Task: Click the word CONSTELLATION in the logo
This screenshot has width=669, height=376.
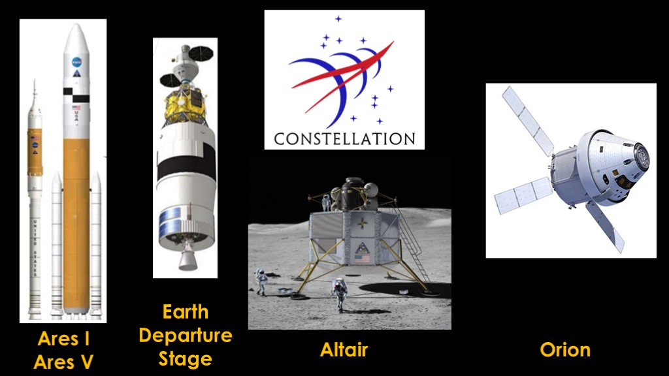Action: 344,139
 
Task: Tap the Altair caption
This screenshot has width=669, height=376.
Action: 344,350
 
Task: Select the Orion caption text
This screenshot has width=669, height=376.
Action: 565,350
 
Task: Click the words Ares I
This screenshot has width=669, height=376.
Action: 64,339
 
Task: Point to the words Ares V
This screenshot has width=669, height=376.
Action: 63,362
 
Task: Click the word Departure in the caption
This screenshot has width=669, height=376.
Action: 186,336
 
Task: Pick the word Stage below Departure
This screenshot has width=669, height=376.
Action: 186,359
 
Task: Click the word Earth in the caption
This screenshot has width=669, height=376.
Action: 186,313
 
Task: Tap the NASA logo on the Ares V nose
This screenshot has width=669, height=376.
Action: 77,62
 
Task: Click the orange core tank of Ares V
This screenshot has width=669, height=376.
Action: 76,222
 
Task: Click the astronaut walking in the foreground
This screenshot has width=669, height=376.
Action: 339,294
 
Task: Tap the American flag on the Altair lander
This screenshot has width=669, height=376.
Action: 362,258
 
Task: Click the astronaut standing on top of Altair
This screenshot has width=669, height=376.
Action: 327,202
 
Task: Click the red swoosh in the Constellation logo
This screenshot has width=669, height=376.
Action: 341,77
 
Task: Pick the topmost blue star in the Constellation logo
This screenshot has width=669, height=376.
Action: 338,19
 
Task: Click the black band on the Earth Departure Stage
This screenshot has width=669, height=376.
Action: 186,164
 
